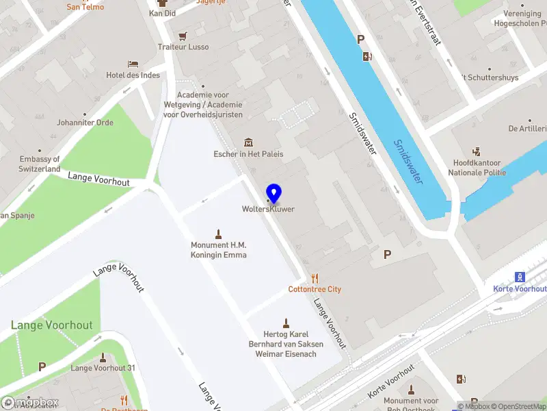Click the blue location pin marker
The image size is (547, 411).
point(273,193)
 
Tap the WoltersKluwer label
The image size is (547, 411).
point(268,209)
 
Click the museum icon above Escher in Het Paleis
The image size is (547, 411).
point(248,142)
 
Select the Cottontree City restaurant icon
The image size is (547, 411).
point(315,277)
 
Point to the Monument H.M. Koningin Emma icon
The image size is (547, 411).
point(219,234)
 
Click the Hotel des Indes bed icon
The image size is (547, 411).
point(133,64)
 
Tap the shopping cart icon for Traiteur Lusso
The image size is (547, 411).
point(183,36)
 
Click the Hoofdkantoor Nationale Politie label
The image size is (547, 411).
point(477,168)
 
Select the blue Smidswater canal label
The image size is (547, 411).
point(408,162)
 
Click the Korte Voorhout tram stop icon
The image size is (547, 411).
point(520,277)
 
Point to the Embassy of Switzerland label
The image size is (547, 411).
point(40,164)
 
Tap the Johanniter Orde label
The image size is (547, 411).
point(85,123)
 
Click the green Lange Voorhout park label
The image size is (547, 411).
point(51,325)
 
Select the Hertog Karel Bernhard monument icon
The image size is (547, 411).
point(286,323)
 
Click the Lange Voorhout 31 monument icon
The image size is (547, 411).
point(103,357)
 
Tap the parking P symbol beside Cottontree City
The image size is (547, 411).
point(387,255)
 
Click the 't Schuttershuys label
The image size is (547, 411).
point(489,77)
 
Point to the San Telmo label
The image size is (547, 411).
point(85,7)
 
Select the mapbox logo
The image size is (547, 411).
point(31,402)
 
